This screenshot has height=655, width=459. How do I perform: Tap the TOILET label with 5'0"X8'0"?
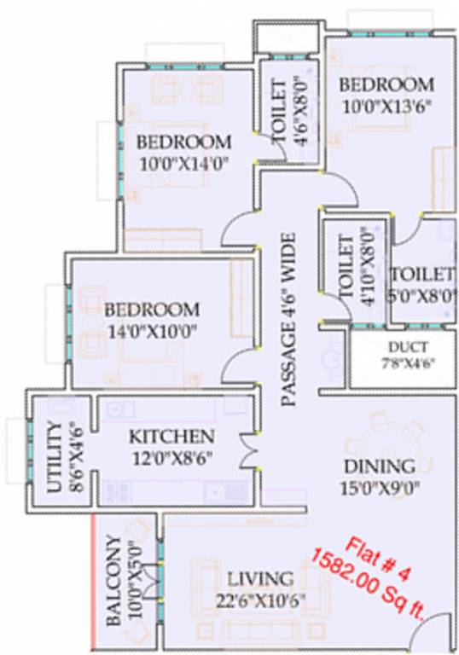point(421,275)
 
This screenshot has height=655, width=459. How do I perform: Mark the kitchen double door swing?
point(247,447)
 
